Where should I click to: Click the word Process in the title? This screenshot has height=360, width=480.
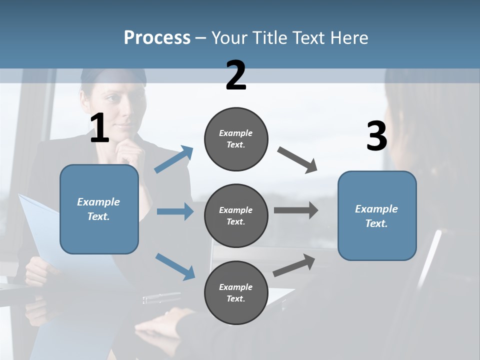157,38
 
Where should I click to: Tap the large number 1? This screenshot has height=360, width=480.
99,128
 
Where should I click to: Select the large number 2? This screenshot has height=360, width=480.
236,75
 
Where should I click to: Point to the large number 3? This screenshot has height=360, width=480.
376,136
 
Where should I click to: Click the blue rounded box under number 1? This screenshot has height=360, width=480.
99,209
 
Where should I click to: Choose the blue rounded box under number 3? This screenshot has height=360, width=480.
377,216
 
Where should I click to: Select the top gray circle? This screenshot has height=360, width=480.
236,139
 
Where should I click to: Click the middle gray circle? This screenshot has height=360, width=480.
236,215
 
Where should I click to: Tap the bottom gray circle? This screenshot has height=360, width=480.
236,292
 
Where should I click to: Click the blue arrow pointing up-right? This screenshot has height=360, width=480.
174,159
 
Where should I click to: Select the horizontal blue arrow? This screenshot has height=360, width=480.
175,211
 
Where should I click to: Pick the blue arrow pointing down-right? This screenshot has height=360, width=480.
175,266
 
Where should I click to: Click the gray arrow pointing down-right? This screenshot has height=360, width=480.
298,160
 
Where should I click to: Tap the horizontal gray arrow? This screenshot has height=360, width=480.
296,210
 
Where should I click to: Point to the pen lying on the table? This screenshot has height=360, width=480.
161,298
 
